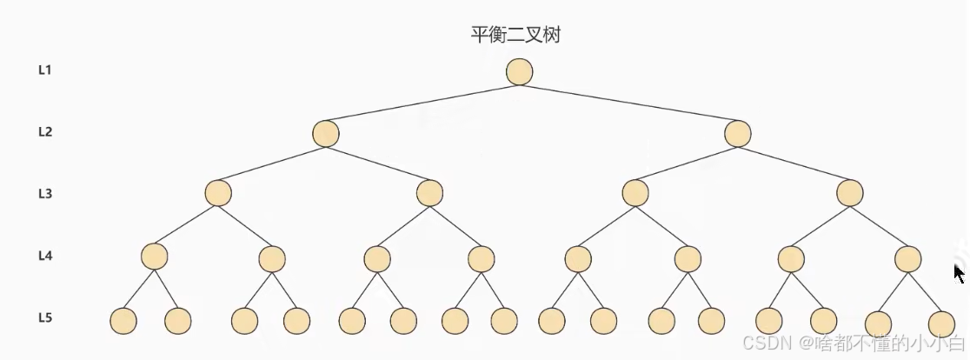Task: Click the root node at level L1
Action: [519, 72]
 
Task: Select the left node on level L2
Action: [326, 134]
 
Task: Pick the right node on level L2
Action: [738, 134]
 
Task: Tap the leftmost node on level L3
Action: [218, 193]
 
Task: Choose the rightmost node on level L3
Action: [850, 193]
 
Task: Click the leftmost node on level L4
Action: [154, 257]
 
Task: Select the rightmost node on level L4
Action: [908, 257]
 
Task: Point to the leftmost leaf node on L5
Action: [123, 321]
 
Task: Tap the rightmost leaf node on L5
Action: [941, 323]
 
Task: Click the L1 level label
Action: [45, 70]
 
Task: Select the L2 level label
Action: [45, 132]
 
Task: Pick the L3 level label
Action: [45, 193]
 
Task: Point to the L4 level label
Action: [45, 256]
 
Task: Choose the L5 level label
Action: [45, 317]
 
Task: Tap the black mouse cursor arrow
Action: [959, 274]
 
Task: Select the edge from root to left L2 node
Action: [422, 103]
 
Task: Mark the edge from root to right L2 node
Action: [628, 103]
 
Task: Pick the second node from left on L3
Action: [429, 193]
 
